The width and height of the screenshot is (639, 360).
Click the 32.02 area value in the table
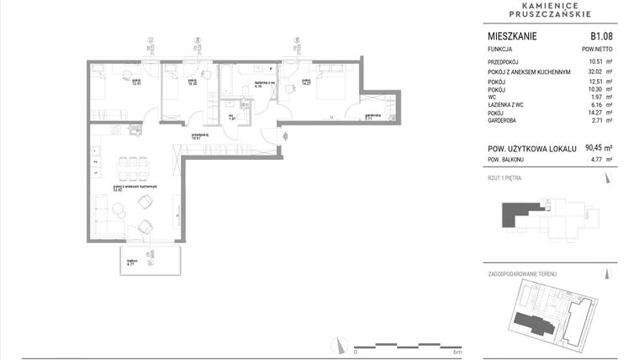pyautogui.click(x=599, y=72)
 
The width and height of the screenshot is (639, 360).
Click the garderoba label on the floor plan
pyautogui.click(x=373, y=116)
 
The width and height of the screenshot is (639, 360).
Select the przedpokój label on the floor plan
pyautogui.click(x=200, y=135)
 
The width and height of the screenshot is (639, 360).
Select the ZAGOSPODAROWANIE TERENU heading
pyautogui.click(x=523, y=274)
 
